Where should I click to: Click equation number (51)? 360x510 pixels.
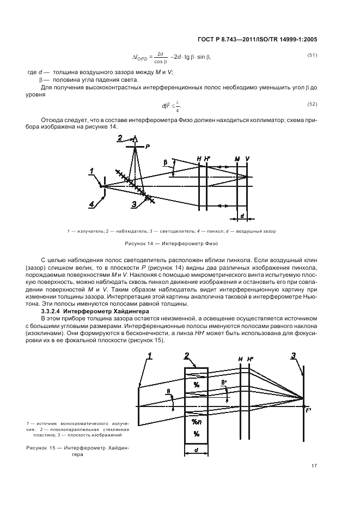coord(312,56)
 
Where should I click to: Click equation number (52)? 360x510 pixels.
coord(312,104)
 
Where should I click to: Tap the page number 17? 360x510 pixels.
coord(314,465)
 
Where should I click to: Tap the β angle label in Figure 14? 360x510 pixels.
coord(165,162)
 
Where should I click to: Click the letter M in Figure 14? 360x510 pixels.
coord(237,159)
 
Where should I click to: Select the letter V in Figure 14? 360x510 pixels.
coord(248,159)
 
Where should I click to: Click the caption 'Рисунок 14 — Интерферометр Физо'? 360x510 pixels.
coord(171,244)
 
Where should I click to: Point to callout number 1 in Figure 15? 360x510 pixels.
coord(150,356)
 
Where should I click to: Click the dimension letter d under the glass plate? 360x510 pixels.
coord(197,450)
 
